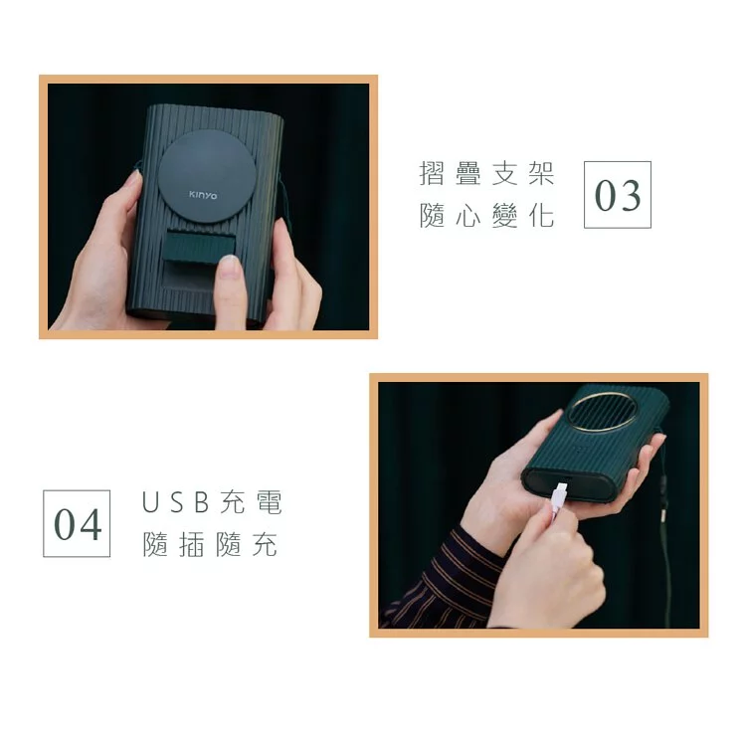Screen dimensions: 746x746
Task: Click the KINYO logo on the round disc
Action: pyautogui.click(x=204, y=195)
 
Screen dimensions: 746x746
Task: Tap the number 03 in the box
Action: pyautogui.click(x=617, y=195)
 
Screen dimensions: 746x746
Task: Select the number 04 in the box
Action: pyautogui.click(x=77, y=523)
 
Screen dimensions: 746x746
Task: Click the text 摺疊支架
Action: pyautogui.click(x=486, y=176)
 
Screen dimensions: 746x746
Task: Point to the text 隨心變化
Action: pyautogui.click(x=486, y=217)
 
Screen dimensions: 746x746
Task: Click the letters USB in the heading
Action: pyautogui.click(x=178, y=503)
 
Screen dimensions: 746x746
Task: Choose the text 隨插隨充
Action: pyautogui.click(x=211, y=546)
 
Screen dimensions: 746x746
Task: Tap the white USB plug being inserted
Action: pyautogui.click(x=560, y=494)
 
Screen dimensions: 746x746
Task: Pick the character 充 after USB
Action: pyautogui.click(x=233, y=503)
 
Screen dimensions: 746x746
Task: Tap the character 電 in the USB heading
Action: pyautogui.click(x=269, y=503)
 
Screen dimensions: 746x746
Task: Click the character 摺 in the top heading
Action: pyautogui.click(x=433, y=176)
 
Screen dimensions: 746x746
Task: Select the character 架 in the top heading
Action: pyautogui.click(x=540, y=176)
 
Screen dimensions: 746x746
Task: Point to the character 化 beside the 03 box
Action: pyautogui.click(x=540, y=217)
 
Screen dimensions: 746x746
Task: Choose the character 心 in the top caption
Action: pyautogui.click(x=468, y=217)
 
